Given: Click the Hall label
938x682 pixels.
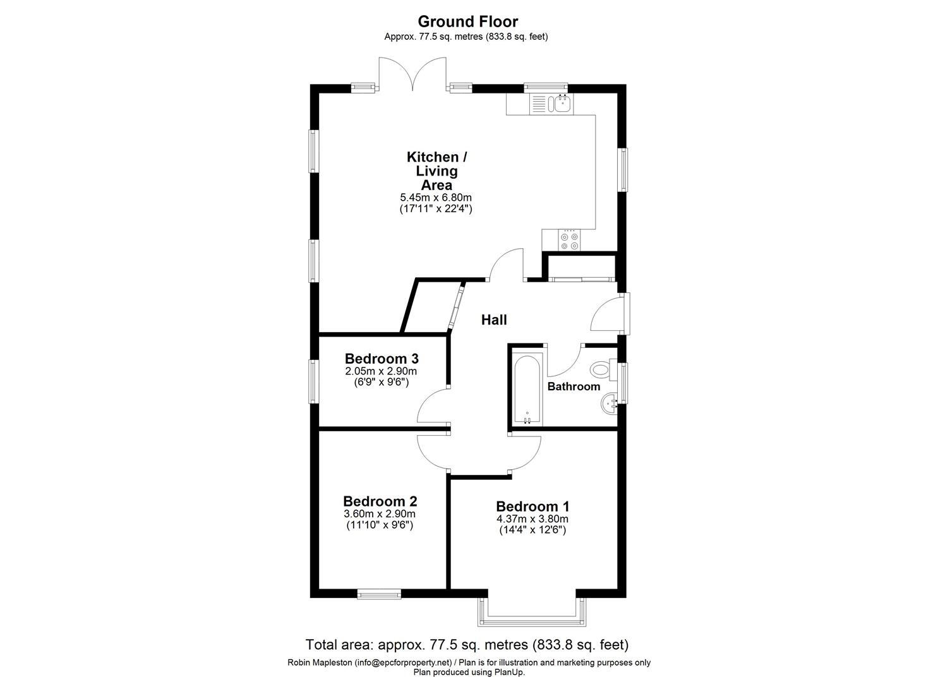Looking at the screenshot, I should pos(494,320).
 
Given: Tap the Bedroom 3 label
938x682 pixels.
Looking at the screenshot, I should pos(382,359).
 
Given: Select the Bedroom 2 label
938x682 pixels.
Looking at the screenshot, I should pos(380,501).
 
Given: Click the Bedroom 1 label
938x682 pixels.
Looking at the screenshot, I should pos(532,506).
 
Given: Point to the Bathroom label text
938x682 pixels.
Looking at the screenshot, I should pos(574,386).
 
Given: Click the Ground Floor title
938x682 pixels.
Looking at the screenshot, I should pos(468,21).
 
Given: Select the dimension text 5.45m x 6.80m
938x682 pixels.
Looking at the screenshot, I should pos(436,198).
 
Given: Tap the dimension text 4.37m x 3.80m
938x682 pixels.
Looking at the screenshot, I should pos(532,519).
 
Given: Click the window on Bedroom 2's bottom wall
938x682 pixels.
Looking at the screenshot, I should pos(378,594).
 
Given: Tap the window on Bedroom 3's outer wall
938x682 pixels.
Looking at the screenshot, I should pos(313,381).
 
